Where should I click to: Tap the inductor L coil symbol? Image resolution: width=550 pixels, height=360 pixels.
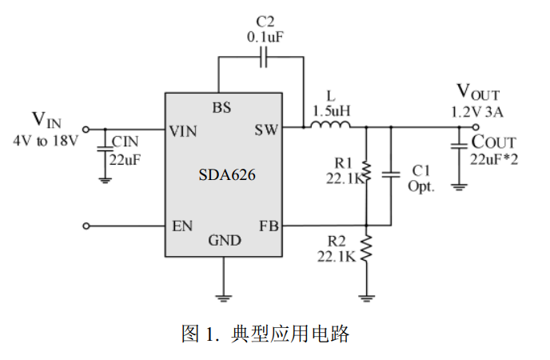[x=330, y=125]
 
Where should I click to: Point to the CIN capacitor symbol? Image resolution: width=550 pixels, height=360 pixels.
[x=105, y=149]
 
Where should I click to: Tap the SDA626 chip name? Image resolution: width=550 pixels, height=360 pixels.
[x=227, y=175]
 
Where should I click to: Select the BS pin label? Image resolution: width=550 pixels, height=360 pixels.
[x=221, y=108]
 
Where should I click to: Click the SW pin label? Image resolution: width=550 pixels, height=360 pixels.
[x=266, y=130]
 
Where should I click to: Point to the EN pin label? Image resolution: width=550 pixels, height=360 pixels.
[x=182, y=226]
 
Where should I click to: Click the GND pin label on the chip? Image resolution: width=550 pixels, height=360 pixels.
[x=225, y=241]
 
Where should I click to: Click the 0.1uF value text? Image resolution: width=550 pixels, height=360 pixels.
[x=265, y=35]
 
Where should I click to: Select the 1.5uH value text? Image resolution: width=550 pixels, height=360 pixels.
[x=332, y=110]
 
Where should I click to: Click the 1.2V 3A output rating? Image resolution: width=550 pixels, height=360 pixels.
[x=477, y=111]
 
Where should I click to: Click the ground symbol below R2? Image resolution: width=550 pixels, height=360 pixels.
[x=366, y=298]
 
